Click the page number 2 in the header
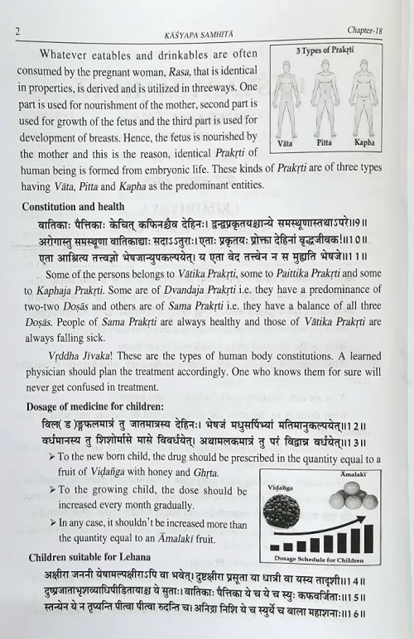point(18,31)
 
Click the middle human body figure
point(327,95)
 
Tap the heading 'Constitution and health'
point(74,205)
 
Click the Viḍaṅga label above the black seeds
point(286,488)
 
